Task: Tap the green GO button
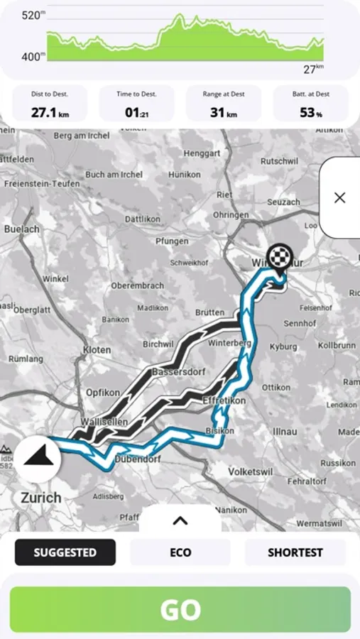(x=180, y=609)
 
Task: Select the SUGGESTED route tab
(x=65, y=552)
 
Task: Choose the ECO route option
(x=180, y=552)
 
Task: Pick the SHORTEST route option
(x=295, y=552)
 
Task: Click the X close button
(x=339, y=197)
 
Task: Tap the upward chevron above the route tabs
(x=180, y=520)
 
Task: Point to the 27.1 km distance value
(x=50, y=112)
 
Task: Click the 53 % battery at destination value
(x=311, y=112)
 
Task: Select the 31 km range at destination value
(x=223, y=112)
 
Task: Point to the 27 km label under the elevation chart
(x=313, y=68)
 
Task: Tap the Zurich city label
(x=40, y=497)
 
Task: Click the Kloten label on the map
(x=97, y=350)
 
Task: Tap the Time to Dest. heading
(x=136, y=94)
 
